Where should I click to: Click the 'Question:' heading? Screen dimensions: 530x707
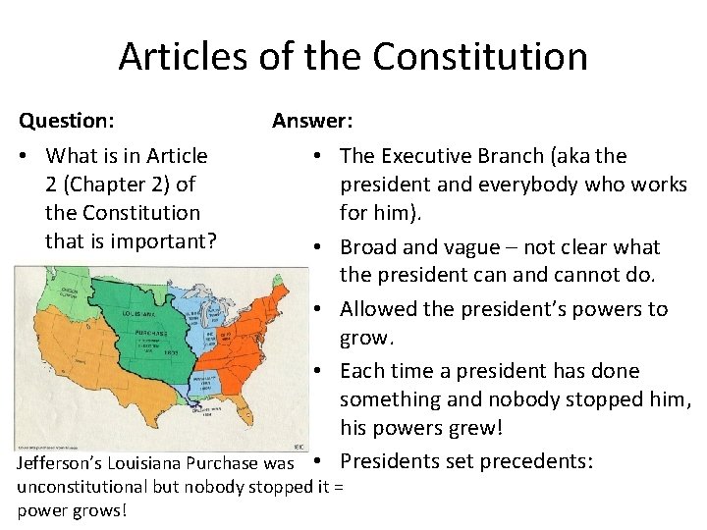point(66,121)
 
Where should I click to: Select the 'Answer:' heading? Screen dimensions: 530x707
point(313,121)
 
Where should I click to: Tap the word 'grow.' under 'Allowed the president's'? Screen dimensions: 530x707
point(366,338)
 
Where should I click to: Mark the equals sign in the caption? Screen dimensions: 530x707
point(339,487)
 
